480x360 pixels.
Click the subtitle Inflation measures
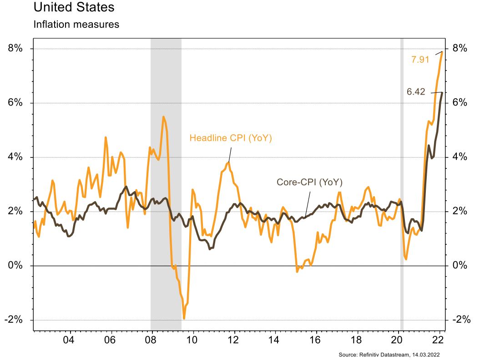(76, 25)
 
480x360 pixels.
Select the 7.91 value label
(420, 59)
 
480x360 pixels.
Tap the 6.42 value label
(415, 92)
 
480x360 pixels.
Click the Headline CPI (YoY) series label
(230, 138)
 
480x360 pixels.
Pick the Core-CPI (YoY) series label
(309, 183)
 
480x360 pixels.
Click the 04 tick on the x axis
(69, 340)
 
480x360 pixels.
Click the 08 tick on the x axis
(151, 340)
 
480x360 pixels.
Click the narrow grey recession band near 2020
(402, 182)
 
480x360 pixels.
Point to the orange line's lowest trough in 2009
(184, 318)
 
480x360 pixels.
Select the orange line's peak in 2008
(163, 117)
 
